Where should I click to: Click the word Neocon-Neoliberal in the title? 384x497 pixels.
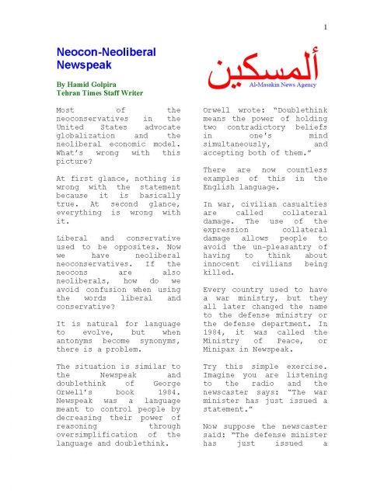[x=106, y=52]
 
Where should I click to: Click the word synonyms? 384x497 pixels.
[x=159, y=341]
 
